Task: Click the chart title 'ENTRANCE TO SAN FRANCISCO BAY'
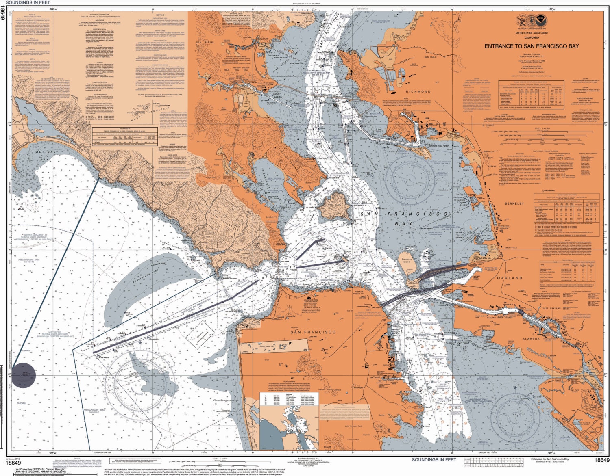click(532, 46)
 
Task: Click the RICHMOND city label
click(418, 92)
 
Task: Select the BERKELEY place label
click(514, 203)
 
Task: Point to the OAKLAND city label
click(510, 278)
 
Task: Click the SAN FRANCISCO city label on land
click(313, 332)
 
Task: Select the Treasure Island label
click(406, 261)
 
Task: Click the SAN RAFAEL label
click(205, 42)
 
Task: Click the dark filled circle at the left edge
click(23, 375)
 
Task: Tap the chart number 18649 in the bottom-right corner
click(601, 460)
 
